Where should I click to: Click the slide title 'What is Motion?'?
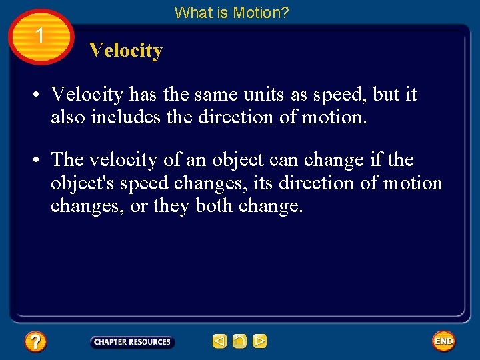(231, 12)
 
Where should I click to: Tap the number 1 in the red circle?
(40, 35)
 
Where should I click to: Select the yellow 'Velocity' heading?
(125, 51)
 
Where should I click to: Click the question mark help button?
(35, 342)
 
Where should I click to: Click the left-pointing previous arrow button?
(219, 341)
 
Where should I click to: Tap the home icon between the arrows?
(239, 341)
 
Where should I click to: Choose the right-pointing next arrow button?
(259, 341)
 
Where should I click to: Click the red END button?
(443, 341)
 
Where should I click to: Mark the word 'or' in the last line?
(139, 206)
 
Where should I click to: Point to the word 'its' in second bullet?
(263, 183)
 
